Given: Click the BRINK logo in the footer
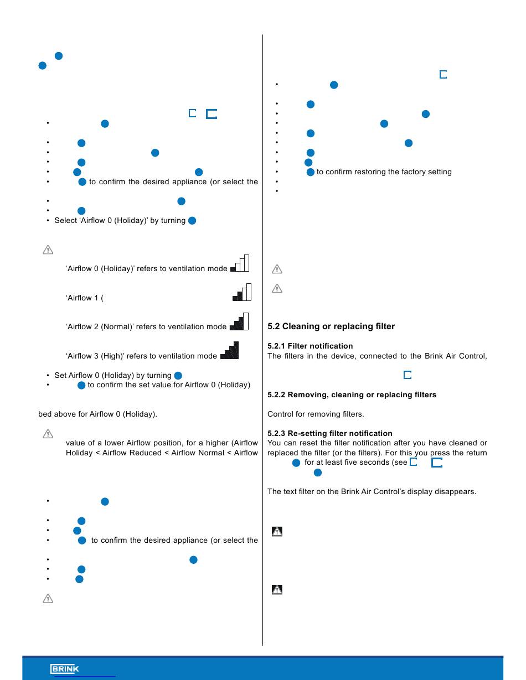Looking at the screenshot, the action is [x=64, y=669].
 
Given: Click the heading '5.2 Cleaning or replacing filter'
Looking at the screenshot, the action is [x=331, y=326].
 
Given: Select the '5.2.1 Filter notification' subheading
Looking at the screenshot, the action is [x=310, y=346].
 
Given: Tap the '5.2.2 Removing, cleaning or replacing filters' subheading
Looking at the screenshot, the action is [x=352, y=394].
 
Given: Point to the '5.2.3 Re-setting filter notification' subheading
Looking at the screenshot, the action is [x=329, y=433].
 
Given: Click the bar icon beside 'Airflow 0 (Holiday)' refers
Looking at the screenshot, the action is [x=240, y=263].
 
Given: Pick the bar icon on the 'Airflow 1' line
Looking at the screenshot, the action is [x=242, y=292].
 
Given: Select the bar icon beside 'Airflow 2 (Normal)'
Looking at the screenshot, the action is [x=239, y=321].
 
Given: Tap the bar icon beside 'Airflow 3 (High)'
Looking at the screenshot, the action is [x=229, y=350].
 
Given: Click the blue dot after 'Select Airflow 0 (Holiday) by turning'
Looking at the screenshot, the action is [x=192, y=221].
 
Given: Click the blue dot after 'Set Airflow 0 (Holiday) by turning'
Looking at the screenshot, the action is [x=178, y=375].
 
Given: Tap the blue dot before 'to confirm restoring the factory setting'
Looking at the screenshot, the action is [x=310, y=172].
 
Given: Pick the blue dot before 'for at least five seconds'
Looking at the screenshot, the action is [x=296, y=463].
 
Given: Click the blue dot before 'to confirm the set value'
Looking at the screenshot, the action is [x=81, y=385].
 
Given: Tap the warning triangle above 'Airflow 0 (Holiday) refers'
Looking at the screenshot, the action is [x=48, y=250].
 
